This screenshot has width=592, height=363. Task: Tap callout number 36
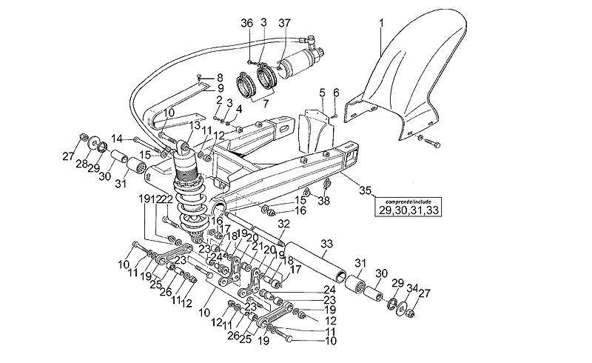[x=246, y=23]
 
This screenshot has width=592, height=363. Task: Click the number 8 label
[x=220, y=77]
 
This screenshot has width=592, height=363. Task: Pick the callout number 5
[x=323, y=93]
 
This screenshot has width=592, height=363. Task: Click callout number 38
[x=323, y=201]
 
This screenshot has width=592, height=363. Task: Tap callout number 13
[x=195, y=125]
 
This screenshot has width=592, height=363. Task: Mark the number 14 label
[x=117, y=138]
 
